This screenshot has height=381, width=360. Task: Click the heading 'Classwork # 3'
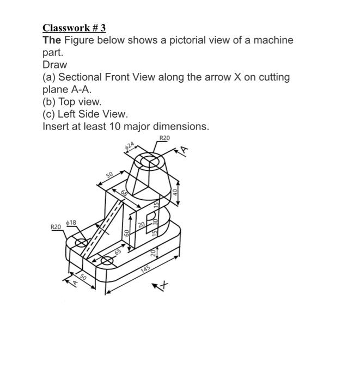[74, 28]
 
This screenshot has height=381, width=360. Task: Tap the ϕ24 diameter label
[129, 146]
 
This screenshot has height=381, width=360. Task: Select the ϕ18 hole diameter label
[71, 222]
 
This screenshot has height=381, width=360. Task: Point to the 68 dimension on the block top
[124, 195]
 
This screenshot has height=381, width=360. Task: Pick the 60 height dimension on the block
[126, 233]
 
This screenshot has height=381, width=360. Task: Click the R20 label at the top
[164, 138]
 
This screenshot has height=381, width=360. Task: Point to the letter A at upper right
[185, 149]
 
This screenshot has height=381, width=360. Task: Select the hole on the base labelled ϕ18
[81, 243]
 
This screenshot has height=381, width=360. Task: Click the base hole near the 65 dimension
[107, 262]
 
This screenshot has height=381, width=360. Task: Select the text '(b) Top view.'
[72, 102]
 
